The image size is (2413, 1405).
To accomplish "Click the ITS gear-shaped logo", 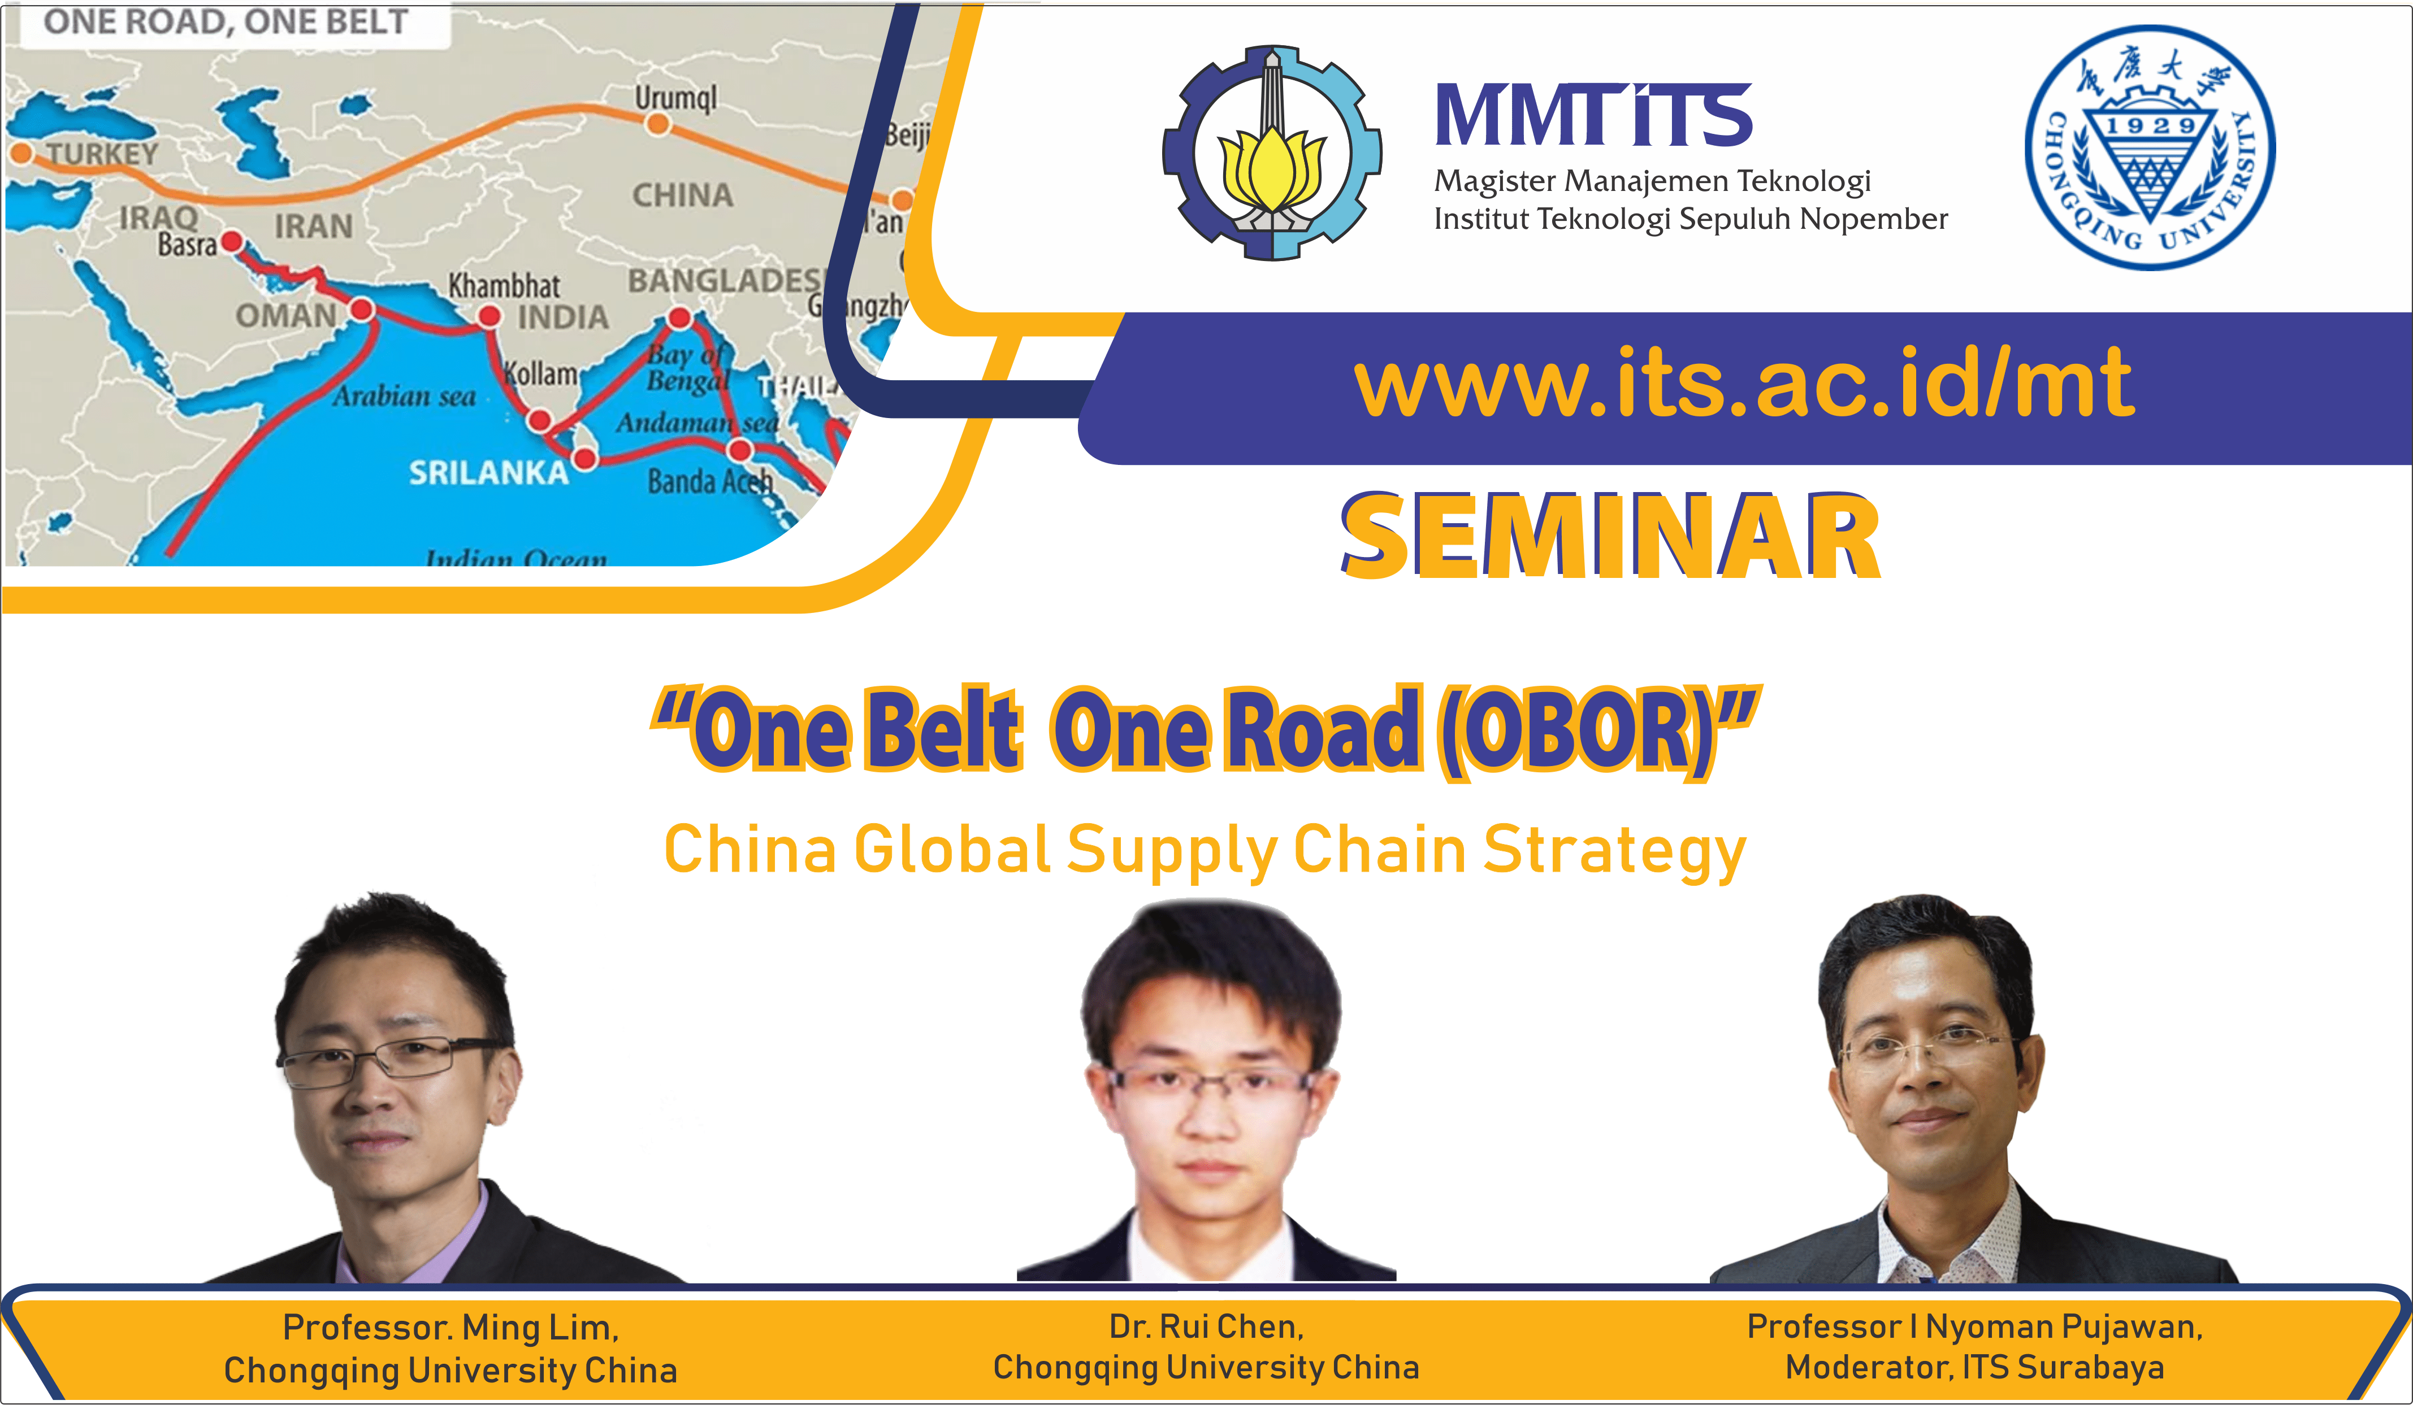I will [x=1272, y=153].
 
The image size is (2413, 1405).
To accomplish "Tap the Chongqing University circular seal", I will [x=2150, y=149].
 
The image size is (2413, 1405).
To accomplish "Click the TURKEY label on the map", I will [x=102, y=153].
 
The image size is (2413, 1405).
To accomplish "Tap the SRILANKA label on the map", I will [x=488, y=472].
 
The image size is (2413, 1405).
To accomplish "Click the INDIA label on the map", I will [x=563, y=317].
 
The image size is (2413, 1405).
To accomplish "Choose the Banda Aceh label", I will [x=709, y=480].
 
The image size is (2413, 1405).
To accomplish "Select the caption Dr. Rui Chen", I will [x=1206, y=1326].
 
